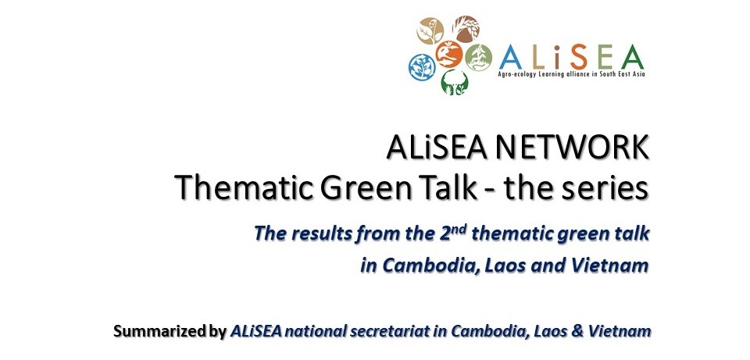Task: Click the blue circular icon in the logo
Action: pos(422,67)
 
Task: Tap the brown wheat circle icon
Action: pos(466,29)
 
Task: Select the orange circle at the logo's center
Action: pos(448,55)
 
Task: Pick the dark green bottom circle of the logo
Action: pos(455,82)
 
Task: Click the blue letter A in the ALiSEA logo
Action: pos(511,57)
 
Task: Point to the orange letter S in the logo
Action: pos(579,57)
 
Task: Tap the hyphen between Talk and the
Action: pos(489,191)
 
